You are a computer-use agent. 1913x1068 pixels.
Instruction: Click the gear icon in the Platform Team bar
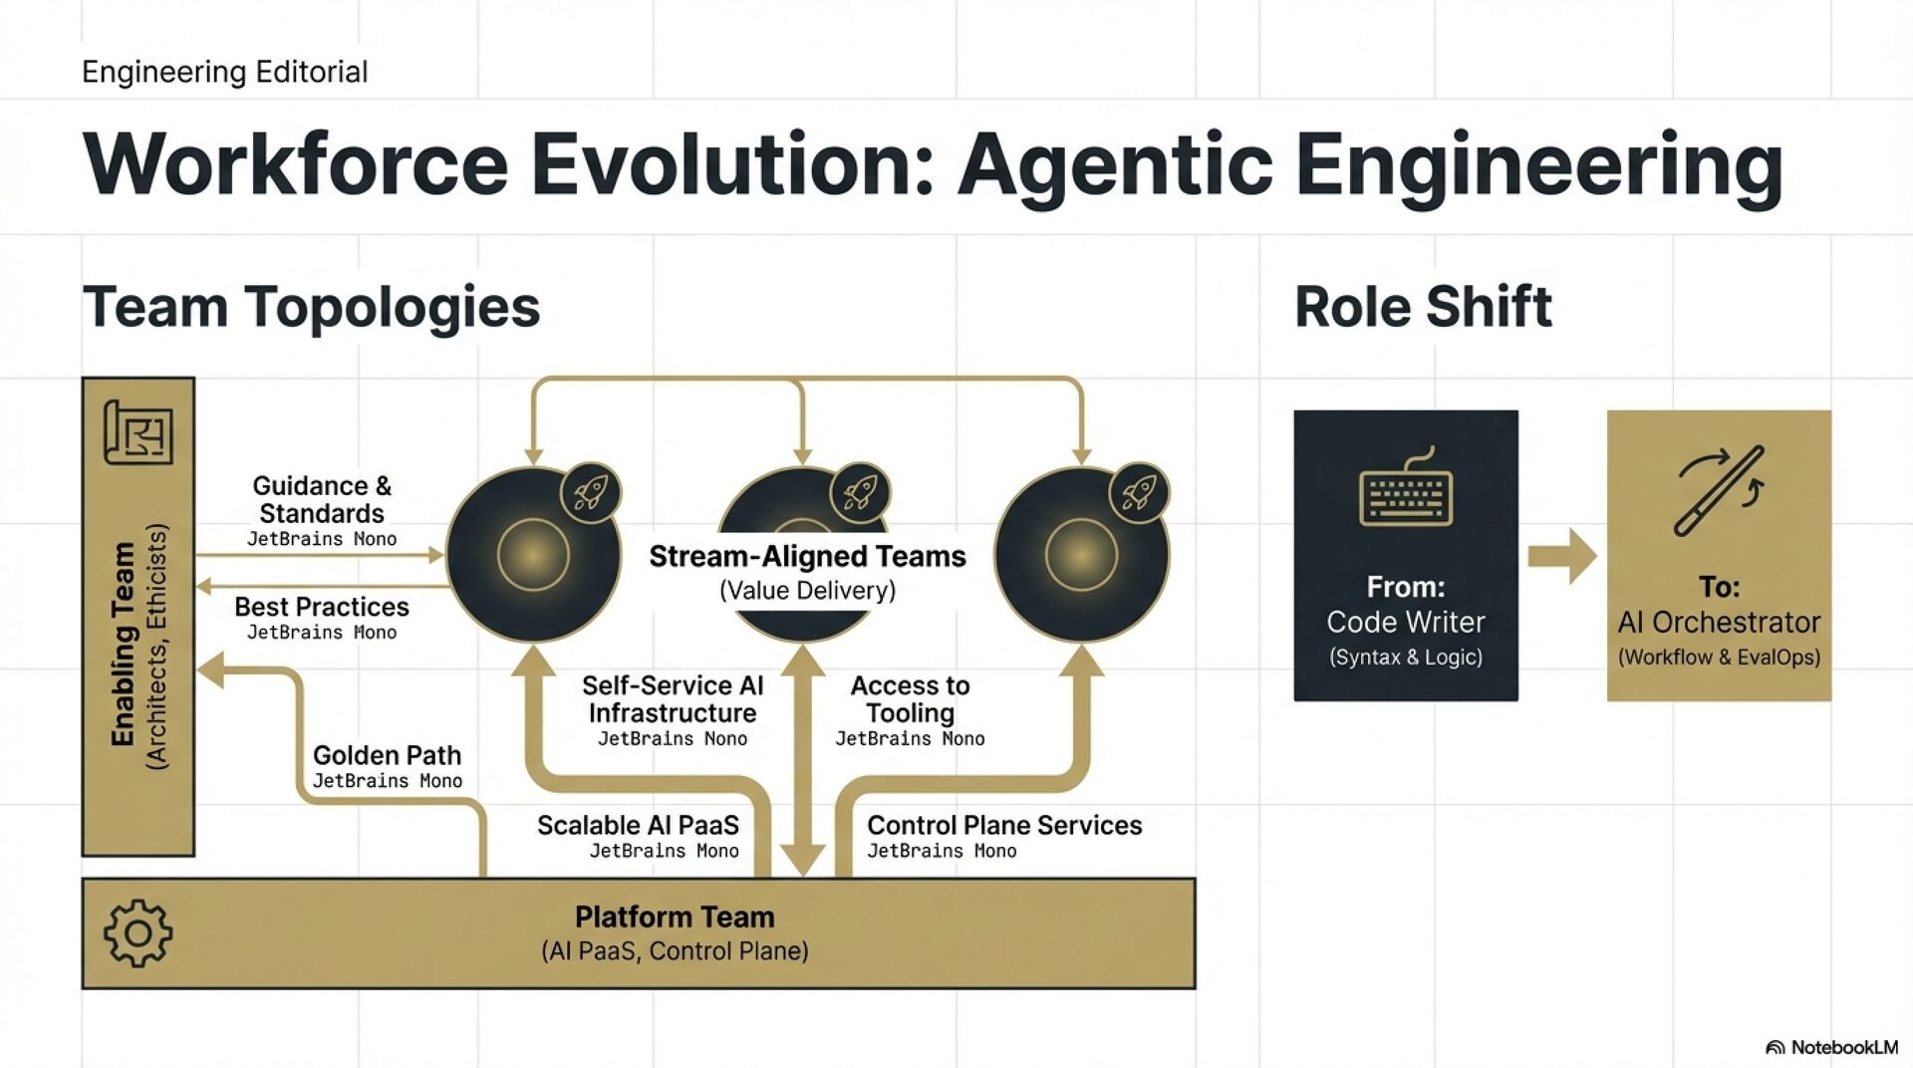pyautogui.click(x=137, y=934)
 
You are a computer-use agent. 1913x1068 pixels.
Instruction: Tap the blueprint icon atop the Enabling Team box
pyautogui.click(x=138, y=432)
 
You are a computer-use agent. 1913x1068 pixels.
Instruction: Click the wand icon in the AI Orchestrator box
pyautogui.click(x=1719, y=490)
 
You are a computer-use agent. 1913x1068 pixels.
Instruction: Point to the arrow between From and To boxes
pyautogui.click(x=1561, y=555)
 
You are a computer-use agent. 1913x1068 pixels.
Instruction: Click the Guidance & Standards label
pyautogui.click(x=322, y=499)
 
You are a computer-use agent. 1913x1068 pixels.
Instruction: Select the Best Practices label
pyautogui.click(x=322, y=607)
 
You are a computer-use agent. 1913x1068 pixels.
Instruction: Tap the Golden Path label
pyautogui.click(x=387, y=755)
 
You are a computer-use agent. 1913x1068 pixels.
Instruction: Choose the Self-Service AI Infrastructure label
pyautogui.click(x=673, y=699)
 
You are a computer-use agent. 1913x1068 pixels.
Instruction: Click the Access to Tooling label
pyautogui.click(x=910, y=699)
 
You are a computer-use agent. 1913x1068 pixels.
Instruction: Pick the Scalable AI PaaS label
pyautogui.click(x=638, y=825)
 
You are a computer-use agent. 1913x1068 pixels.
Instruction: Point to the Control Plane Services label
pyautogui.click(x=1004, y=825)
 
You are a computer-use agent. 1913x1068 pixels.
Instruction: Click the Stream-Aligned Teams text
pyautogui.click(x=807, y=556)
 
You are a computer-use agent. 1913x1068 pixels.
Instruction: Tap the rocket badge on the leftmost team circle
pyautogui.click(x=590, y=492)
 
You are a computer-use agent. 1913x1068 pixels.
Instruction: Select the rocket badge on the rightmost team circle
pyautogui.click(x=1139, y=492)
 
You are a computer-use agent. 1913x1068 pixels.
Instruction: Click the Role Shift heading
pyautogui.click(x=1423, y=306)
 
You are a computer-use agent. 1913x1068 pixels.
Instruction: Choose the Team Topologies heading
pyautogui.click(x=311, y=306)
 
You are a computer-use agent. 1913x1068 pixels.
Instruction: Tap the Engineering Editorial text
pyautogui.click(x=224, y=72)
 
